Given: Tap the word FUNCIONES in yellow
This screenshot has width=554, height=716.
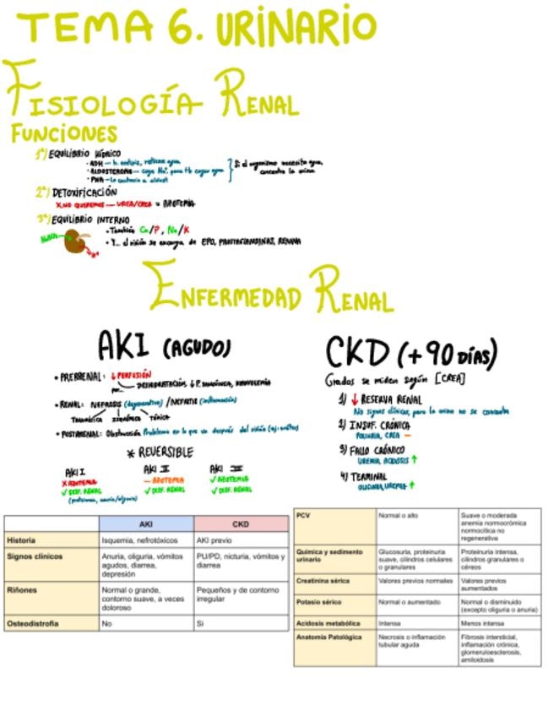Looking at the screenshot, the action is [64, 133].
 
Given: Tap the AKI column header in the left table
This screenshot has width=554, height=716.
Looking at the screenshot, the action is [145, 524].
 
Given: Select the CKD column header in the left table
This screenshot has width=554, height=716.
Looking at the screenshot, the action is [240, 524].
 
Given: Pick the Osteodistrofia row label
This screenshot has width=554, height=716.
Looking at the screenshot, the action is [33, 623].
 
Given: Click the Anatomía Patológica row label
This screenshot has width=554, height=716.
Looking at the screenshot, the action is [329, 637].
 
